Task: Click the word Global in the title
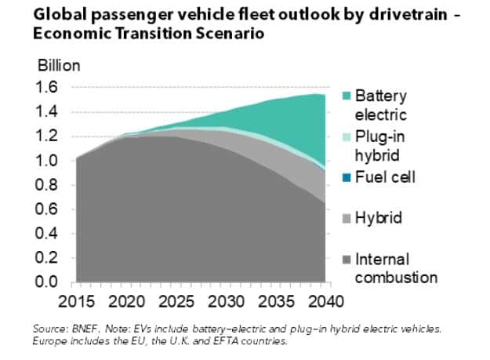[x=56, y=15]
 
